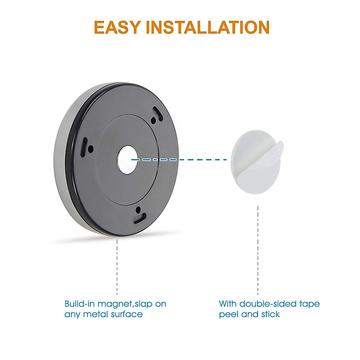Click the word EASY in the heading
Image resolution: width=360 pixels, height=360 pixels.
pos(117,27)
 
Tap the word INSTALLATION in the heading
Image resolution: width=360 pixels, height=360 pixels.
pos(208,27)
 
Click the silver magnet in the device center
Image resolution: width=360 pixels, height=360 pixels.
pos(127,160)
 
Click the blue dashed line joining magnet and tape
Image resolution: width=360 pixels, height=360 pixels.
pos(180,160)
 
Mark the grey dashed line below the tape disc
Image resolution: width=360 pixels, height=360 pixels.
pos(258,249)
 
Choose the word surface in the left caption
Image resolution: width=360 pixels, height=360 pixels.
pos(127,314)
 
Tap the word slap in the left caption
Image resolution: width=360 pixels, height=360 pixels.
pos(143,304)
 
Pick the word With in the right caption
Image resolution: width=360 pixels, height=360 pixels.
pos(228,304)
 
